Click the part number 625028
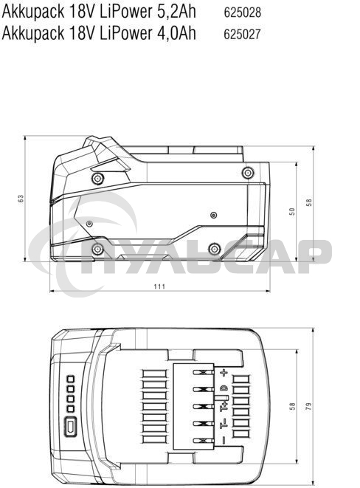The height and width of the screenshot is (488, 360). (x=243, y=13)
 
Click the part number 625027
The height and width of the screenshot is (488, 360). (x=243, y=33)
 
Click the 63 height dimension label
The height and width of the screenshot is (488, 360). (x=21, y=199)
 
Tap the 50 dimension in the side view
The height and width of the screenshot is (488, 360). (x=292, y=211)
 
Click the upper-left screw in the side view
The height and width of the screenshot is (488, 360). (x=97, y=178)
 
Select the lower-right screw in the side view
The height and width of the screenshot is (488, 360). (x=214, y=247)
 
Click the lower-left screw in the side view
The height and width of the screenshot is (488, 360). (x=97, y=250)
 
